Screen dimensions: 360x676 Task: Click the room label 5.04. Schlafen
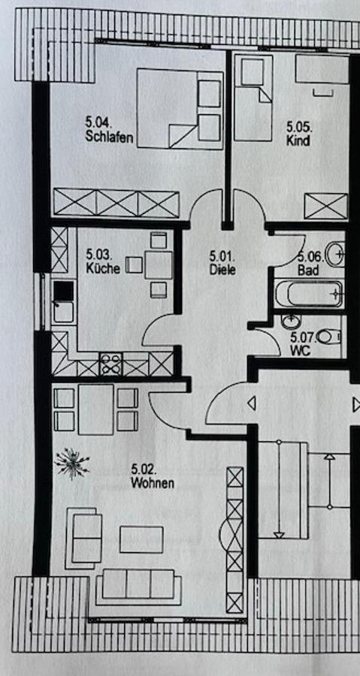click(x=109, y=130)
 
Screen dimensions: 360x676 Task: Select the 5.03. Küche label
click(x=103, y=261)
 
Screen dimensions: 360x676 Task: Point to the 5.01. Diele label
click(x=222, y=263)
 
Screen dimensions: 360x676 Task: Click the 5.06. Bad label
click(x=310, y=264)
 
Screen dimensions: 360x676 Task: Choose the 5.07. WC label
click(x=302, y=344)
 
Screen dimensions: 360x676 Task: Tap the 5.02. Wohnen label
click(x=153, y=476)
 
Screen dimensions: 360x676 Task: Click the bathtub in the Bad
click(x=309, y=294)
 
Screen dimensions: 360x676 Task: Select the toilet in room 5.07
click(x=329, y=336)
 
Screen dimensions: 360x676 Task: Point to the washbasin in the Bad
click(x=335, y=254)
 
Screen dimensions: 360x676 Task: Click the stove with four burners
click(x=110, y=364)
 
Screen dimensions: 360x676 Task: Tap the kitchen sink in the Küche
click(x=63, y=302)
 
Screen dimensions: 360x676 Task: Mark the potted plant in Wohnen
click(x=72, y=463)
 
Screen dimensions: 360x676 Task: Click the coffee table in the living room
click(x=141, y=539)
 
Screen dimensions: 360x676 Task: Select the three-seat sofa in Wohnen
click(x=138, y=587)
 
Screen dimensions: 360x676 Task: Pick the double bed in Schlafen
click(x=180, y=109)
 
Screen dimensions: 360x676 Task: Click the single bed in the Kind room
click(x=253, y=98)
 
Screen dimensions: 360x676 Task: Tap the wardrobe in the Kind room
click(x=326, y=206)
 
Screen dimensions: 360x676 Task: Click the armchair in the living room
click(x=83, y=538)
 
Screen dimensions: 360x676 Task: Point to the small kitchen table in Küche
click(x=159, y=264)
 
